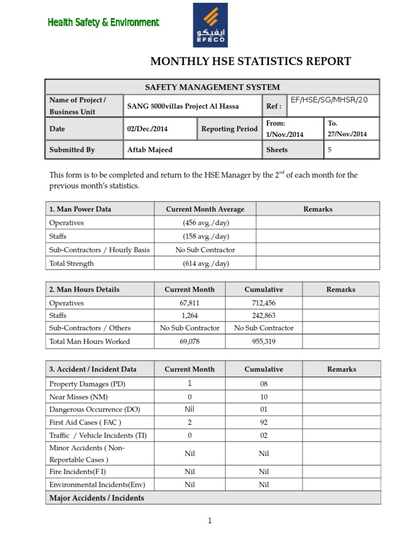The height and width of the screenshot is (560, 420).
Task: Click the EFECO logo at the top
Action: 211,25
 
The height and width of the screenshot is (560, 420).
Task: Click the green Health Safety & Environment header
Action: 103,22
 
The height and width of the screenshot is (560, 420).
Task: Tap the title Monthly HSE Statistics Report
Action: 250,61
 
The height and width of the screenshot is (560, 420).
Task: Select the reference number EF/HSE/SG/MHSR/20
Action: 329,100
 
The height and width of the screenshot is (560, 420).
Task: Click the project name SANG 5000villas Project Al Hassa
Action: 183,106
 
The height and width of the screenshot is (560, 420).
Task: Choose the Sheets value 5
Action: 330,149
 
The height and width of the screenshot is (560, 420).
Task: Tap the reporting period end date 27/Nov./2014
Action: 347,134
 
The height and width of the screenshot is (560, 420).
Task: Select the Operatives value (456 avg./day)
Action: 206,223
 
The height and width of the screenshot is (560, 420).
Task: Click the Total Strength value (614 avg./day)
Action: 206,263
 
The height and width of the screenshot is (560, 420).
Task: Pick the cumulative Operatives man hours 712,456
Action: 264,303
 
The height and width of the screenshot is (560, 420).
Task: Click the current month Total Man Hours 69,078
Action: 189,341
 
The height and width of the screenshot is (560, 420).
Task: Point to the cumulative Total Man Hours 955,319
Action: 264,341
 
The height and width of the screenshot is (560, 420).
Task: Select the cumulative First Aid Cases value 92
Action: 264,422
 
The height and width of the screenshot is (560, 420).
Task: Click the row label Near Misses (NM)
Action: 78,396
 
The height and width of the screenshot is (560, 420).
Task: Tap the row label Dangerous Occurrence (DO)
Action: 94,409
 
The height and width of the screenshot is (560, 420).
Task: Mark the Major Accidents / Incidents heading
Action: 97,498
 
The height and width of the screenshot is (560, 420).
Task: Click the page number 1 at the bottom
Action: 209,521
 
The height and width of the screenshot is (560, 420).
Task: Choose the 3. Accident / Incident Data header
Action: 93,369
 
